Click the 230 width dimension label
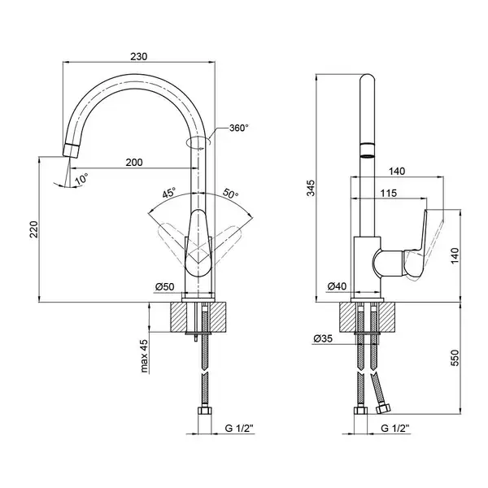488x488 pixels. (x=138, y=56)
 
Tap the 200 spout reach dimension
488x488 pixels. (x=134, y=162)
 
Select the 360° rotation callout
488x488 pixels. (x=239, y=128)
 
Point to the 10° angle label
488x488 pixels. (x=81, y=180)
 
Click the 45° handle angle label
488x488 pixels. (x=169, y=193)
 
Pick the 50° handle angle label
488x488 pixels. (x=230, y=194)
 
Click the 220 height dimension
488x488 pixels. (x=34, y=229)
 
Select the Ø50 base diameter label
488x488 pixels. (x=165, y=286)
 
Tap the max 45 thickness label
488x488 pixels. (x=144, y=355)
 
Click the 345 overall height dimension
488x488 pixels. (x=311, y=188)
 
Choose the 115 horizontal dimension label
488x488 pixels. (x=389, y=194)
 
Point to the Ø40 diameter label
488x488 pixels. (x=337, y=286)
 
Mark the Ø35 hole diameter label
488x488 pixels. (x=323, y=338)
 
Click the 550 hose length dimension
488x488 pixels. (x=455, y=358)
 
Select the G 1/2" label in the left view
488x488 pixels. (x=239, y=429)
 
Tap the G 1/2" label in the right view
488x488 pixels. (x=395, y=429)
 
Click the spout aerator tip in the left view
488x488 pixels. (x=71, y=150)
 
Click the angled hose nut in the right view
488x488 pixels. (x=382, y=408)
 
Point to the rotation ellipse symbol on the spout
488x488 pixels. (x=198, y=142)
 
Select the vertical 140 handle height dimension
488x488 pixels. (x=455, y=255)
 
